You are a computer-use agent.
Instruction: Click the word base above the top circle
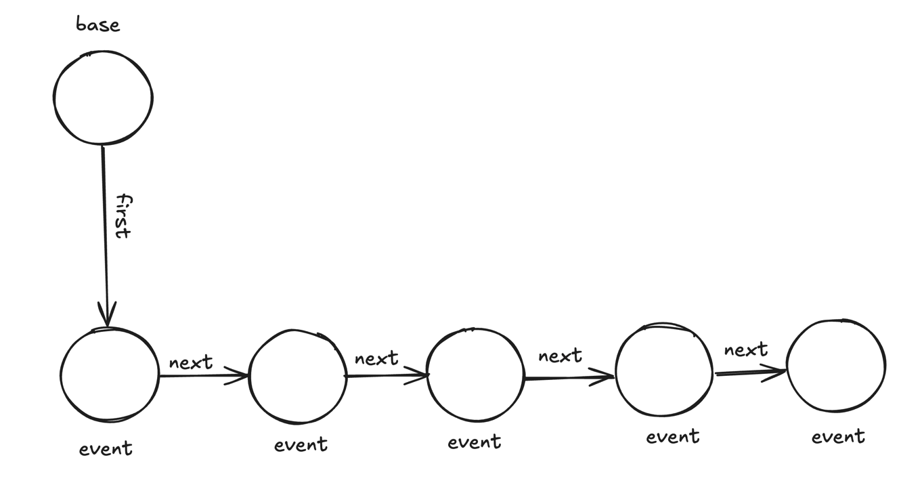pos(98,25)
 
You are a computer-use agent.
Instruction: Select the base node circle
pos(103,98)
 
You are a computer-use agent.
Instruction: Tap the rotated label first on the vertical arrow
pos(123,216)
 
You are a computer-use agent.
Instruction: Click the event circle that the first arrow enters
pos(110,375)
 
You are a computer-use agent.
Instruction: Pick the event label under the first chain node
pos(106,448)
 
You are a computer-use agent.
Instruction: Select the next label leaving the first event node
pos(191,362)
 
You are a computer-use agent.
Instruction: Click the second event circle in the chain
pos(298,377)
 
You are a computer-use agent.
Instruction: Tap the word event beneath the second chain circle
pos(301,444)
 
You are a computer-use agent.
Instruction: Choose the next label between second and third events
pos(376,358)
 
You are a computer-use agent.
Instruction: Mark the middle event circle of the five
pos(476,375)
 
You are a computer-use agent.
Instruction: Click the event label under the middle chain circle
pos(475,442)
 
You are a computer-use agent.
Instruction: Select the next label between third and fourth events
pos(560,356)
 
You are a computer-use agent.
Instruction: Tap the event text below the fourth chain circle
pos(673,436)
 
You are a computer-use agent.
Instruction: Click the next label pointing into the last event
pos(745,350)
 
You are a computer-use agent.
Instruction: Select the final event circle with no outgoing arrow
pos(836,366)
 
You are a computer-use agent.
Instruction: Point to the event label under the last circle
pos(839,436)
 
